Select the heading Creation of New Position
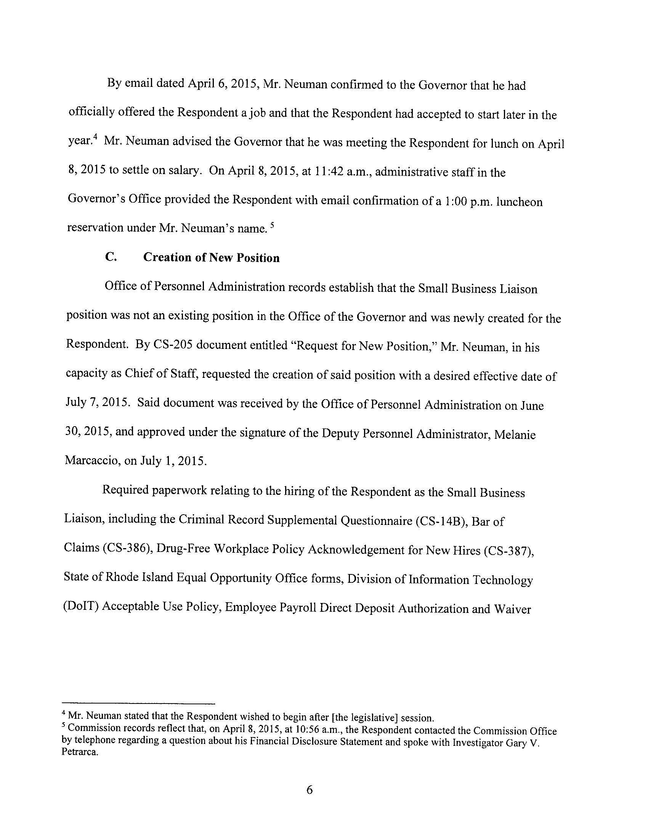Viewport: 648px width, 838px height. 211,258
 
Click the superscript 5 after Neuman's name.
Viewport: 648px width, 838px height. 271,224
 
